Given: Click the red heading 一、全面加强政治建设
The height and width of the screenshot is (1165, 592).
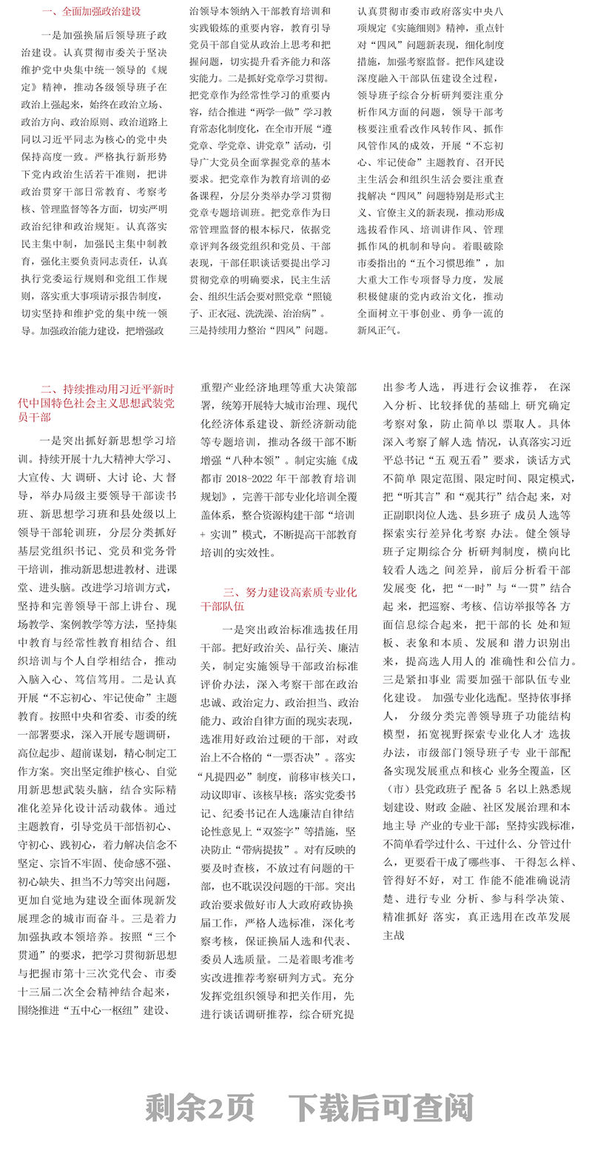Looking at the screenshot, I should (91, 12).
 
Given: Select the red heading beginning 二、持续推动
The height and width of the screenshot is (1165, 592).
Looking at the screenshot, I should (107, 402).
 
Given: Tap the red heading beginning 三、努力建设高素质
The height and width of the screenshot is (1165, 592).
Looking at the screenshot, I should (279, 598).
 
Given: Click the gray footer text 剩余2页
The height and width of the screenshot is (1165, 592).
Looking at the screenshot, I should (200, 1107).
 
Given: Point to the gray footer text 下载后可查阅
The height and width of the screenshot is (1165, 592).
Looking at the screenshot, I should (380, 1107).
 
